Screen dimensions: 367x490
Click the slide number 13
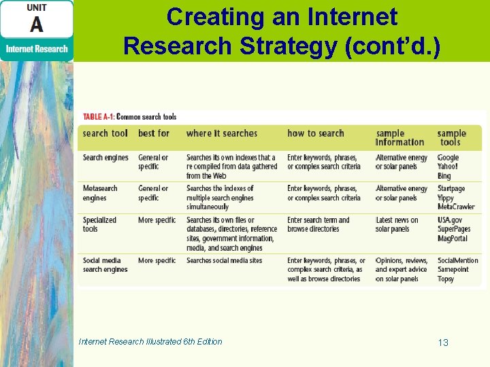pos(443,343)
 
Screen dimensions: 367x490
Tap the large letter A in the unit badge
pos(36,25)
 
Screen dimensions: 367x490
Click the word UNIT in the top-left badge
pos(36,7)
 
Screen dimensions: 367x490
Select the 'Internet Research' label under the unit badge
pos(37,49)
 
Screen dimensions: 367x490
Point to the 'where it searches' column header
pos(221,133)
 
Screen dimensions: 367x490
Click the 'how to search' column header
pos(316,133)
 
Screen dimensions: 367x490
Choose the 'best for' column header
pos(154,133)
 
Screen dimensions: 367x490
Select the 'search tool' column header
pos(105,133)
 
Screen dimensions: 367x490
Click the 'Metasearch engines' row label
pos(100,193)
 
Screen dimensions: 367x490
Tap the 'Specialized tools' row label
pos(99,224)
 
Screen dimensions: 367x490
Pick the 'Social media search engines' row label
pos(105,265)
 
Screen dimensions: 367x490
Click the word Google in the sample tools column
pos(448,158)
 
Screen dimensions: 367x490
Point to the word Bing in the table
pos(444,176)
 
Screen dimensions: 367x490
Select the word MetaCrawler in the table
pos(456,207)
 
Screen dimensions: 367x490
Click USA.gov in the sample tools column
pos(451,220)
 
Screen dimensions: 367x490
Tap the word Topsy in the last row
pos(446,279)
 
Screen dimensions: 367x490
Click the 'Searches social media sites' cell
pos(224,260)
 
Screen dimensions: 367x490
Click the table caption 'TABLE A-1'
pos(99,117)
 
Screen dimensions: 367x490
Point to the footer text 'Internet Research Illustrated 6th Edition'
pos(150,341)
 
